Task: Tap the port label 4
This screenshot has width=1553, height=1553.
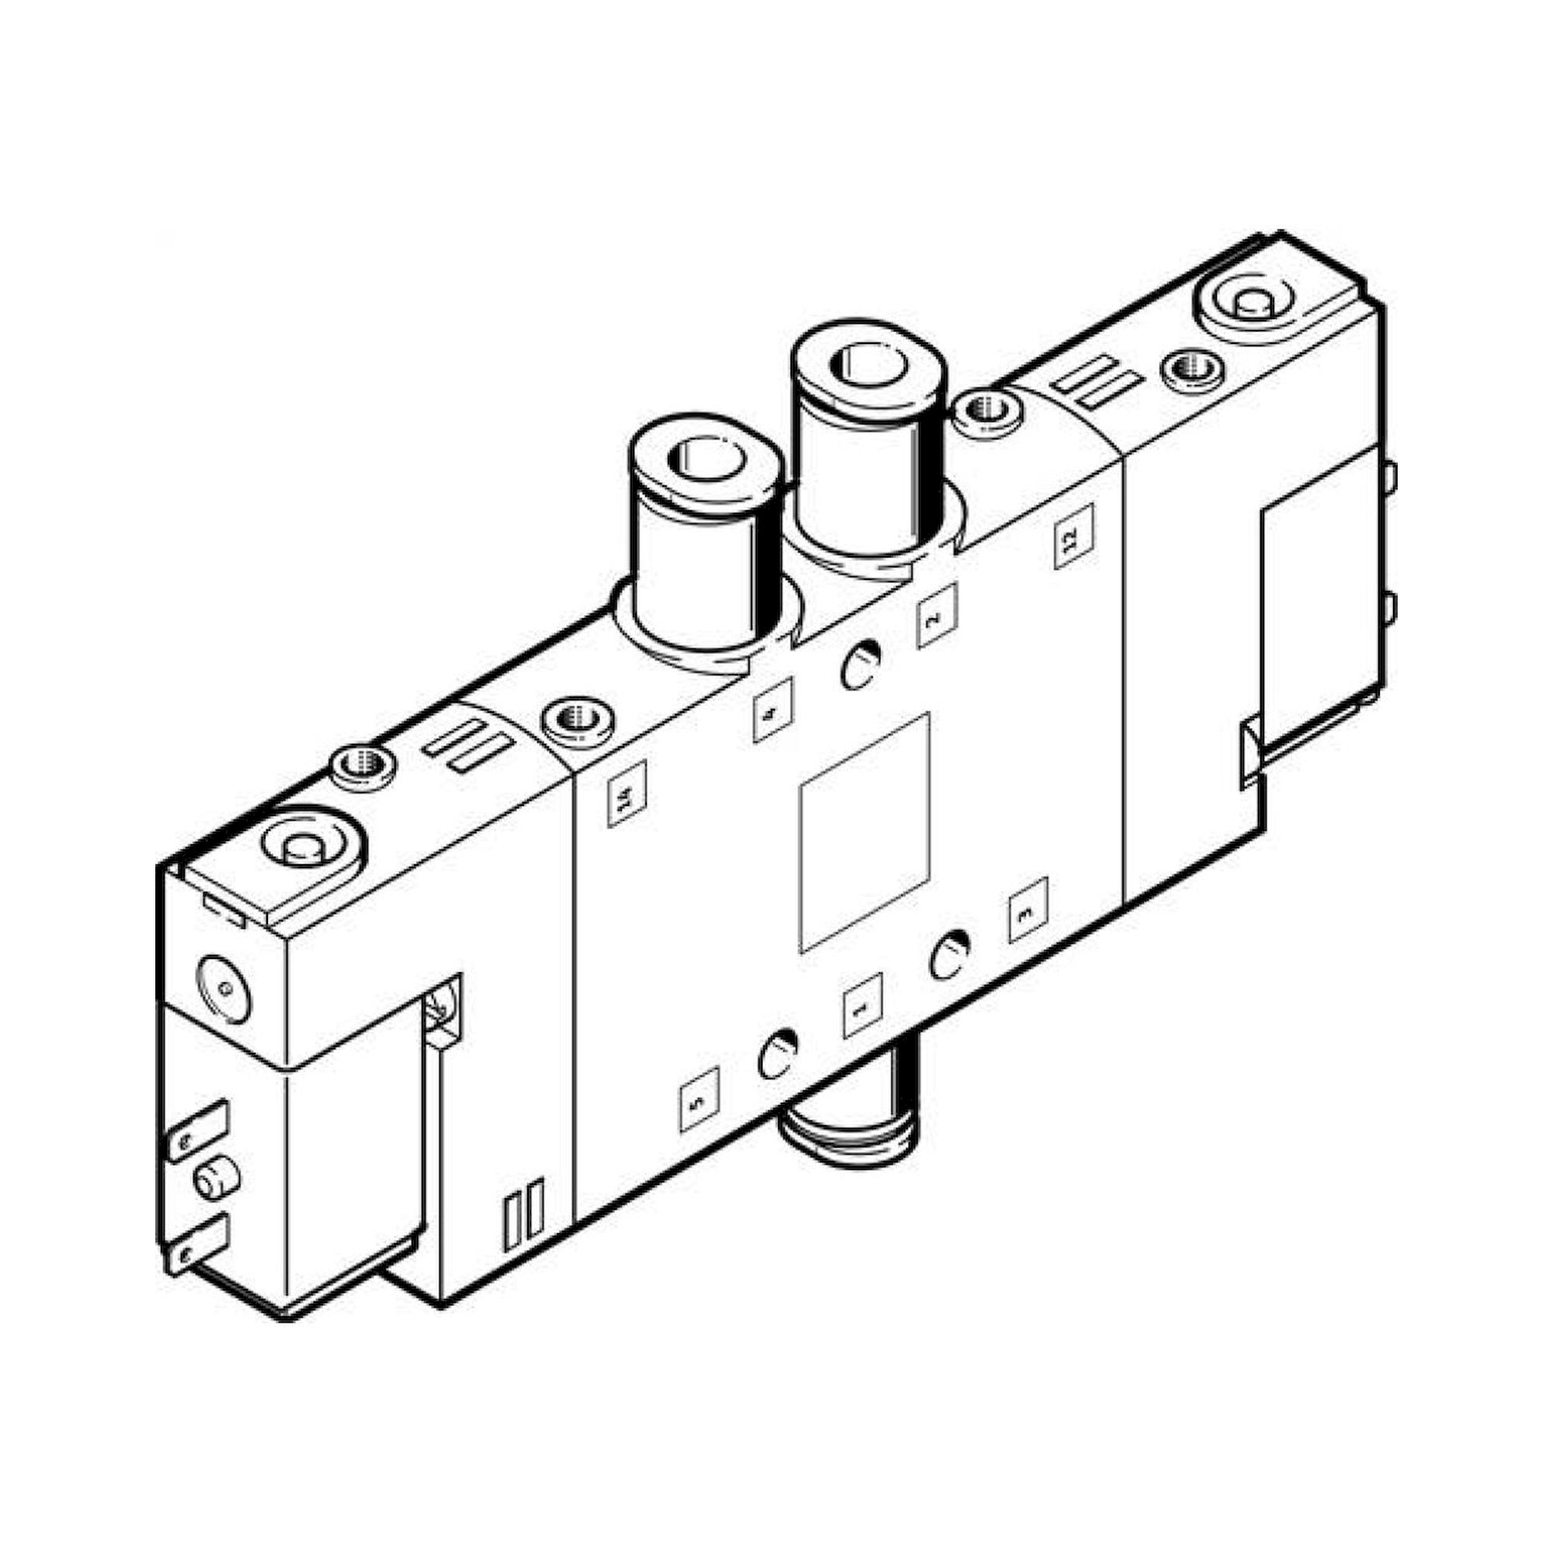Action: pos(773,710)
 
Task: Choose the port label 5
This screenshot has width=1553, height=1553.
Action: pos(699,1099)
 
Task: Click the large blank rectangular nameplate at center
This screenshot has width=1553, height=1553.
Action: pos(864,832)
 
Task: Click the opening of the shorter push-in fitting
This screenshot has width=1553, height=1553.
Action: pos(704,459)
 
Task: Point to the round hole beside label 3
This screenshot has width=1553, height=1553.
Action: pos(950,954)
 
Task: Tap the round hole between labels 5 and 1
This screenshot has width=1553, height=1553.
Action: pos(777,1054)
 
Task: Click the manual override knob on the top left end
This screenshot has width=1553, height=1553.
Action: pos(304,848)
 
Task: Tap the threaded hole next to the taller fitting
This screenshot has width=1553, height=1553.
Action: pos(987,412)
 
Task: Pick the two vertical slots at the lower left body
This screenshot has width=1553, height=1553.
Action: pos(523,1225)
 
